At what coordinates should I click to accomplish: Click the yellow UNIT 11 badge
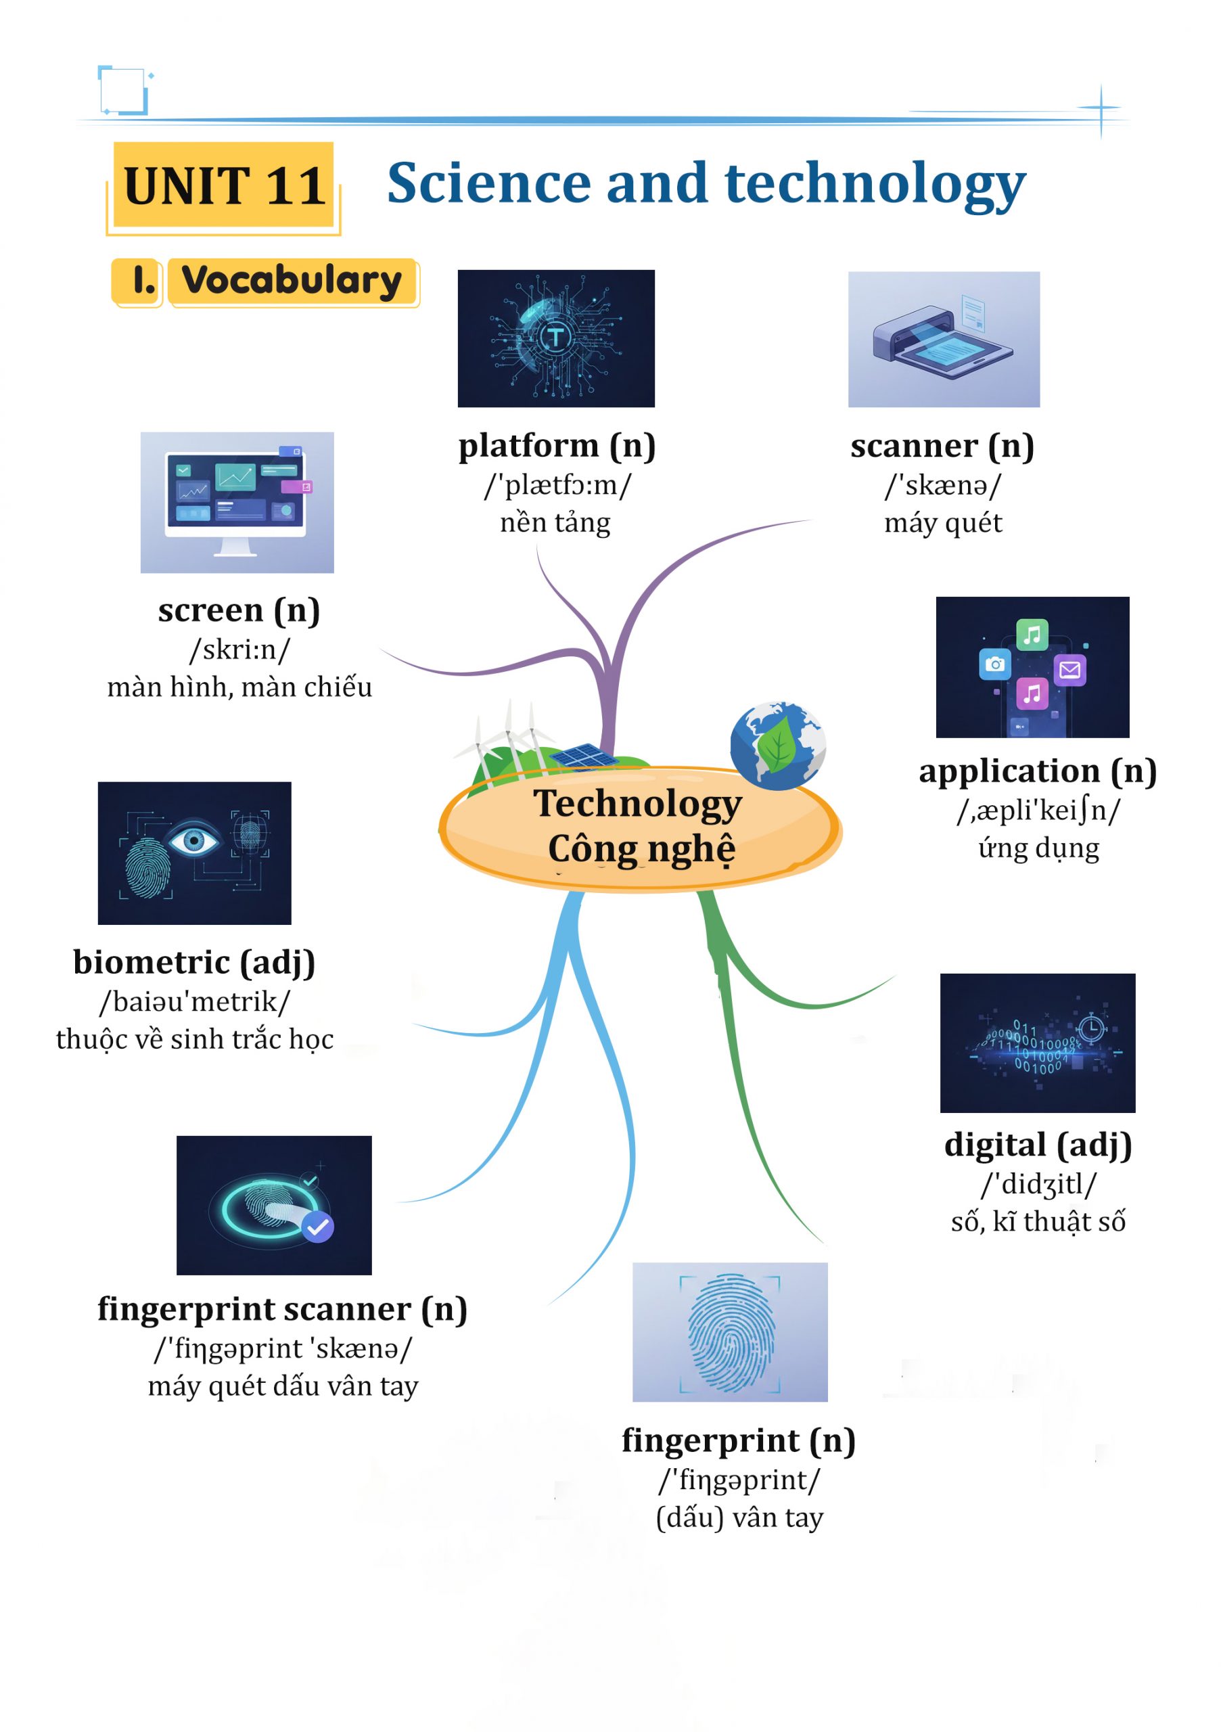(x=224, y=185)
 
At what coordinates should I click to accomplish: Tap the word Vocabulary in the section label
(x=292, y=281)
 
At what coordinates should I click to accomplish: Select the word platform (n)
(x=557, y=446)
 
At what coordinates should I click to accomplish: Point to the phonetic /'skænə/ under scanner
(x=943, y=485)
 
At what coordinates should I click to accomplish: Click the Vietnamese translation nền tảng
(x=555, y=523)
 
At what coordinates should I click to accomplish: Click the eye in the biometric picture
(x=194, y=840)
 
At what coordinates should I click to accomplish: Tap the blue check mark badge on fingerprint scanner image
(x=317, y=1227)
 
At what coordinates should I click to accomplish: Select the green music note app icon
(x=1031, y=635)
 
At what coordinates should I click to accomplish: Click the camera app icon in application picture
(x=995, y=664)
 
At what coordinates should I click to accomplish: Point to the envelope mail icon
(x=1069, y=670)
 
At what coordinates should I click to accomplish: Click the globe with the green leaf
(x=777, y=746)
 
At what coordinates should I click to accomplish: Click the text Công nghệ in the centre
(x=641, y=849)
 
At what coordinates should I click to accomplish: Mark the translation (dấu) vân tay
(x=739, y=1517)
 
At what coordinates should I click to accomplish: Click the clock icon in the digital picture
(x=1090, y=1028)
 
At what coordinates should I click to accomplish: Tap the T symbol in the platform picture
(x=556, y=336)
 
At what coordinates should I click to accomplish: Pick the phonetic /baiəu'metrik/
(x=195, y=1002)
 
